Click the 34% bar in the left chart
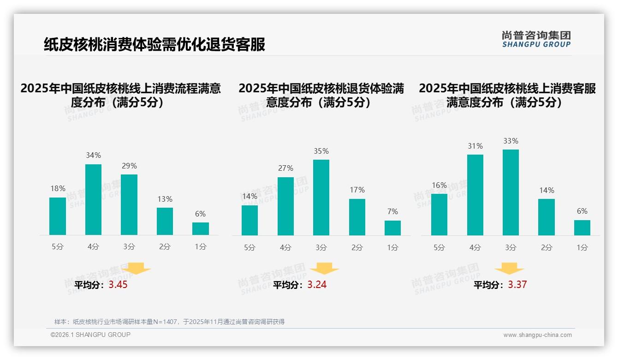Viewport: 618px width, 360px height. [93, 199]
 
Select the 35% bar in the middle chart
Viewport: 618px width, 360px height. [321, 198]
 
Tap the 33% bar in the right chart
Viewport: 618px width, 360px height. [511, 192]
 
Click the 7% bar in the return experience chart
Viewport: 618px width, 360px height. [392, 228]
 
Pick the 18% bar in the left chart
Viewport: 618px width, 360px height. [58, 216]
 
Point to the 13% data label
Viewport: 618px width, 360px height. [165, 199]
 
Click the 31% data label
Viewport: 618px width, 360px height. [475, 146]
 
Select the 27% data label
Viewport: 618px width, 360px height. [285, 168]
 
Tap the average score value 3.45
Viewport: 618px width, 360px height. [118, 285]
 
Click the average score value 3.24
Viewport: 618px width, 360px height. [317, 285]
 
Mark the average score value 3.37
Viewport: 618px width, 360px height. [517, 285]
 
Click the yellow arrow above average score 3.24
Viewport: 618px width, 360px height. [324, 269]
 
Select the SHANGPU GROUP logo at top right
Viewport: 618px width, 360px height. [536, 39]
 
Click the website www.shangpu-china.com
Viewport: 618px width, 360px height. [537, 335]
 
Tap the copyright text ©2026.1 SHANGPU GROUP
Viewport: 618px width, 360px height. [90, 335]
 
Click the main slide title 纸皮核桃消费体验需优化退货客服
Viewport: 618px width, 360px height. [154, 45]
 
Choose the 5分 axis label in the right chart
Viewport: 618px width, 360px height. [439, 248]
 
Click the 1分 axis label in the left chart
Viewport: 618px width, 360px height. [201, 247]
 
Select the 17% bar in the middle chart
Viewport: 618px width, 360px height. [357, 217]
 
